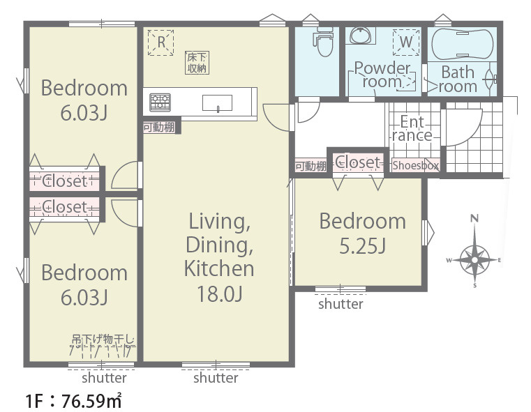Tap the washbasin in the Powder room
[361, 35]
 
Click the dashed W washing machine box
[406, 43]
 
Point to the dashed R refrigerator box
[161, 43]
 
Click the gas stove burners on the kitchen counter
[160, 102]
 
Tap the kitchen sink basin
[217, 103]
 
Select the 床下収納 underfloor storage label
[197, 63]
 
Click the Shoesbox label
[416, 165]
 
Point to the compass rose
[474, 259]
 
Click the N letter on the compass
[474, 218]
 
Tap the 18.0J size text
[219, 293]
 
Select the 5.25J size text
[362, 246]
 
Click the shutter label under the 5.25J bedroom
[341, 304]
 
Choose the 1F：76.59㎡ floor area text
[73, 401]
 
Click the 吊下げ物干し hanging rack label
[103, 339]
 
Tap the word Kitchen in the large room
[219, 268]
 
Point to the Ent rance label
[412, 128]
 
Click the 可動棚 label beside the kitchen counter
[159, 128]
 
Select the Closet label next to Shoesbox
[358, 162]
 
